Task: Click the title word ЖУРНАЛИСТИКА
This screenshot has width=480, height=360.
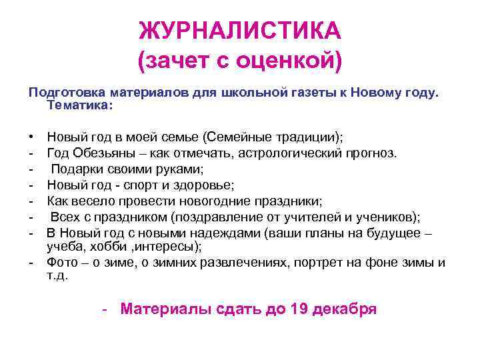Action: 240,31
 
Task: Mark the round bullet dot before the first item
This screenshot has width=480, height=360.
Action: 32,138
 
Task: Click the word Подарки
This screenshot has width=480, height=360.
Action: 77,169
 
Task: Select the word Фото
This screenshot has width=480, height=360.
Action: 62,262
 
